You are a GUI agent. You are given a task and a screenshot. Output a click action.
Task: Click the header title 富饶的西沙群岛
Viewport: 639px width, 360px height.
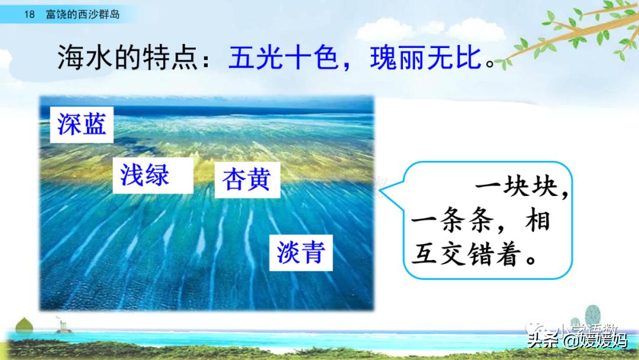(83, 14)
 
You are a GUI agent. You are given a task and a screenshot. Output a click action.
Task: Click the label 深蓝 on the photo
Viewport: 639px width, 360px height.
(82, 124)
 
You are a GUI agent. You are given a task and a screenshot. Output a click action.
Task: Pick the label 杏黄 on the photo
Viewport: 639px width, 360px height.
(246, 179)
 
